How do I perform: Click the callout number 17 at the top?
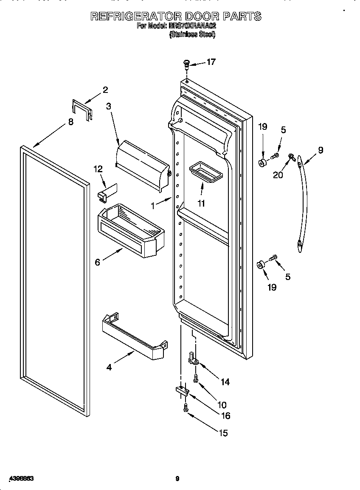tap(211, 62)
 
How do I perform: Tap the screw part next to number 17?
tap(186, 64)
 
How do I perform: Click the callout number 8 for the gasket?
tap(70, 122)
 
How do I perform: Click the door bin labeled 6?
tap(132, 233)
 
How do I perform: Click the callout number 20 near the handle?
tap(278, 175)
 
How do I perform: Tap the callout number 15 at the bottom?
tap(222, 433)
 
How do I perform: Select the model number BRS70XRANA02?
tap(192, 26)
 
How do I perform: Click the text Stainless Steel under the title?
tap(192, 35)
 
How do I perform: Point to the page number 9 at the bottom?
tap(178, 479)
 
